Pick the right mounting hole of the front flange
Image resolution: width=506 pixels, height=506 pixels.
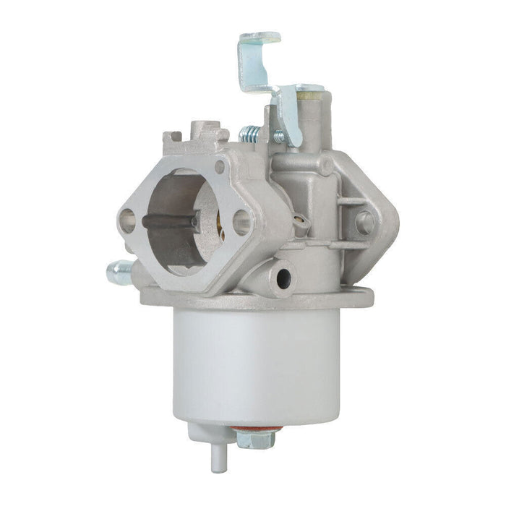(x=242, y=222)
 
